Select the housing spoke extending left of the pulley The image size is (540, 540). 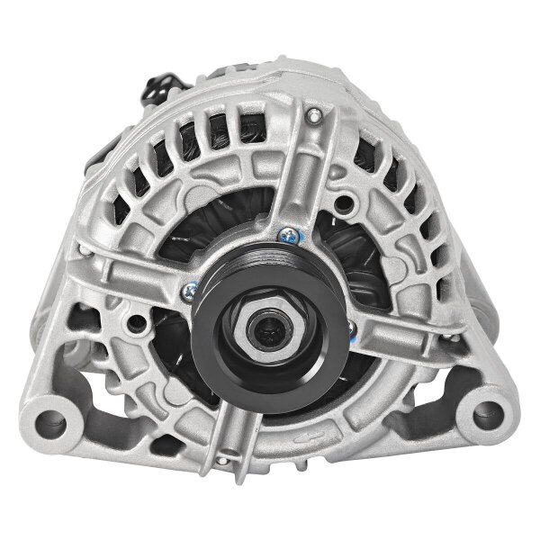[x=135, y=270]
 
